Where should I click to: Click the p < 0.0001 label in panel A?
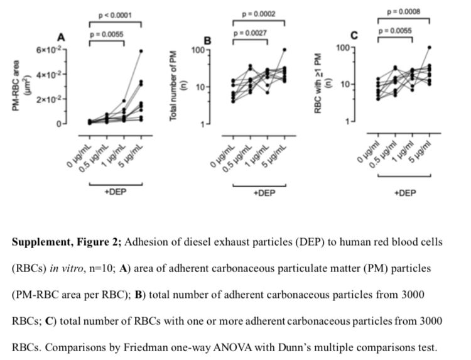click(116, 14)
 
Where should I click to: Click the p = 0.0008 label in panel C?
click(404, 11)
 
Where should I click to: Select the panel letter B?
click(207, 41)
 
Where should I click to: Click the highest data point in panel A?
click(141, 51)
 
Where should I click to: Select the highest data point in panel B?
click(284, 50)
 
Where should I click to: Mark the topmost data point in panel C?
click(430, 47)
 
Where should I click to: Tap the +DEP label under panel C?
click(404, 194)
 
